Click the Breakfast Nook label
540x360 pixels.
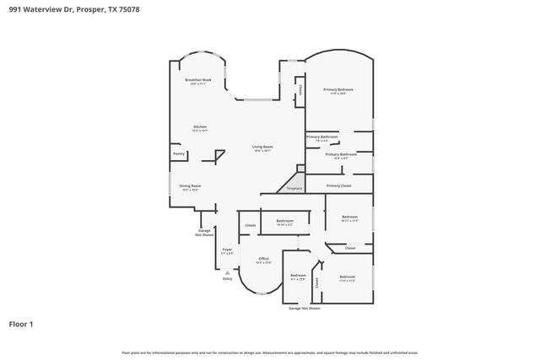[x=199, y=80]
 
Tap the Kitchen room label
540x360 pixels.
[x=200, y=127]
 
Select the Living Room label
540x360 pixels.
[x=263, y=148]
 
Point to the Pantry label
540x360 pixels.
[x=179, y=153]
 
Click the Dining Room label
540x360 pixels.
[x=190, y=186]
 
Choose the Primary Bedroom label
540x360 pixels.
[x=338, y=89]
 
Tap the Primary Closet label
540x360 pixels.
[x=338, y=185]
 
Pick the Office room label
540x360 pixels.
[x=264, y=258]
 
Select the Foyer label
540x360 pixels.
[x=227, y=250]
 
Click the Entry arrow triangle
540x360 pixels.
[x=227, y=271]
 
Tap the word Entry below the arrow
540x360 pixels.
[x=227, y=278]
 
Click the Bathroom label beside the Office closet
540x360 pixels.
[x=284, y=221]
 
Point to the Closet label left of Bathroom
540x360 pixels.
[x=251, y=225]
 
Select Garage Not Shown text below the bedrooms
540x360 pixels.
[x=305, y=309]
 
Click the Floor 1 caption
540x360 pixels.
[x=21, y=323]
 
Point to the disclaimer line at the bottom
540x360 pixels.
[x=269, y=352]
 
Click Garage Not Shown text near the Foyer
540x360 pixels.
[x=205, y=232]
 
